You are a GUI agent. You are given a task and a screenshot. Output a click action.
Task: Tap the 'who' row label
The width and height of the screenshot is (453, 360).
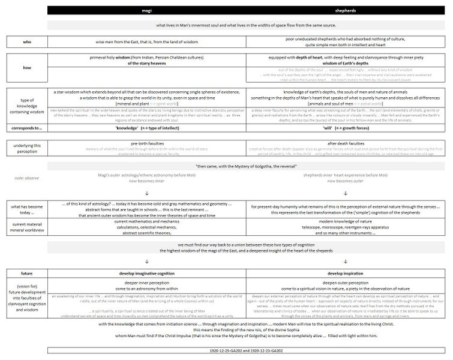pos(26,43)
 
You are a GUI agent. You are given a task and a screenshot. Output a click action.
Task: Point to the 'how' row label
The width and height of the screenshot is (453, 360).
pos(26,68)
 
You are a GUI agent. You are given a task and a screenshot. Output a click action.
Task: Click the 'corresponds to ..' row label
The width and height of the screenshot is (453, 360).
pos(26,128)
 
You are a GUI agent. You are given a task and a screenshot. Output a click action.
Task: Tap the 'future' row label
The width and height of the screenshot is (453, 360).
pos(26,273)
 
